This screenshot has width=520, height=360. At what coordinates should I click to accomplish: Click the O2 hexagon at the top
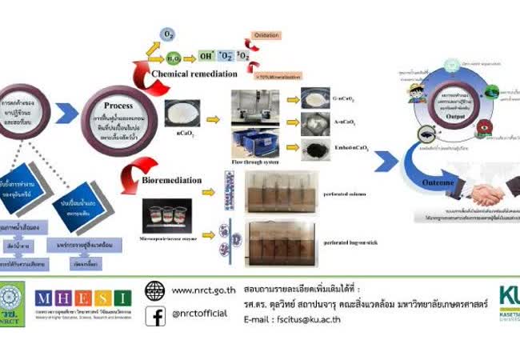pyautogui.click(x=168, y=35)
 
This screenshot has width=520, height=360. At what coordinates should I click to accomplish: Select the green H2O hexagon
pyautogui.click(x=173, y=58)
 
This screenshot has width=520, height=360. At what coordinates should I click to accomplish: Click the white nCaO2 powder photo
pyautogui.click(x=183, y=112)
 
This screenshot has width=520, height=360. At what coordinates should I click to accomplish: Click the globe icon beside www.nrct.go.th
pyautogui.click(x=154, y=290)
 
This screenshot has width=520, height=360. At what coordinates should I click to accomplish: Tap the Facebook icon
pyautogui.click(x=155, y=316)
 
